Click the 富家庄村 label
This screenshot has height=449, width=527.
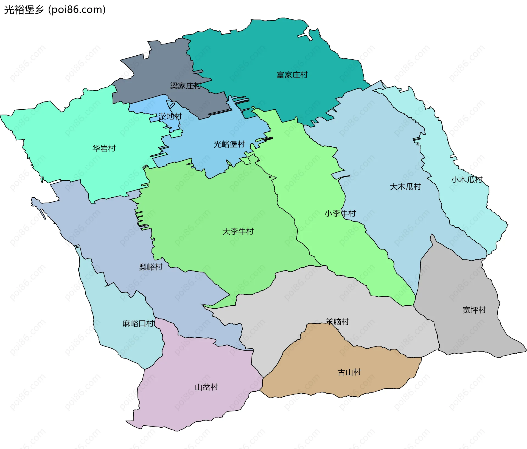[292, 75]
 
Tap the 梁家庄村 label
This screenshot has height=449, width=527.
[186, 86]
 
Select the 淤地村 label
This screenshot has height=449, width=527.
[170, 116]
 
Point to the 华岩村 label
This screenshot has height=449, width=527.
[104, 148]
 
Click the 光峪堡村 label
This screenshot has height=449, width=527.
[229, 144]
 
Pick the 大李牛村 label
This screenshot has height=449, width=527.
[238, 231]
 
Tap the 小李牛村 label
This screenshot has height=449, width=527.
[340, 213]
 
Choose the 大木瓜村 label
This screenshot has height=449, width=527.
[405, 187]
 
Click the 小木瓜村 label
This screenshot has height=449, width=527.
[467, 180]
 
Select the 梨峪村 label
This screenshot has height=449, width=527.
[151, 267]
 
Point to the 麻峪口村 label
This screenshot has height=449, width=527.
[138, 323]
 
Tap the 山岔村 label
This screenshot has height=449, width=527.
[206, 387]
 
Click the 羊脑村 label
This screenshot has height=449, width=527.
[337, 322]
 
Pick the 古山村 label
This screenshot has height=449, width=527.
[349, 372]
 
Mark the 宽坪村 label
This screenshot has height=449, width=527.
[474, 310]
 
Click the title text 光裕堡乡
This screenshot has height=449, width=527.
[24, 10]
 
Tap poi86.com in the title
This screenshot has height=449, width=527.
[77, 10]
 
